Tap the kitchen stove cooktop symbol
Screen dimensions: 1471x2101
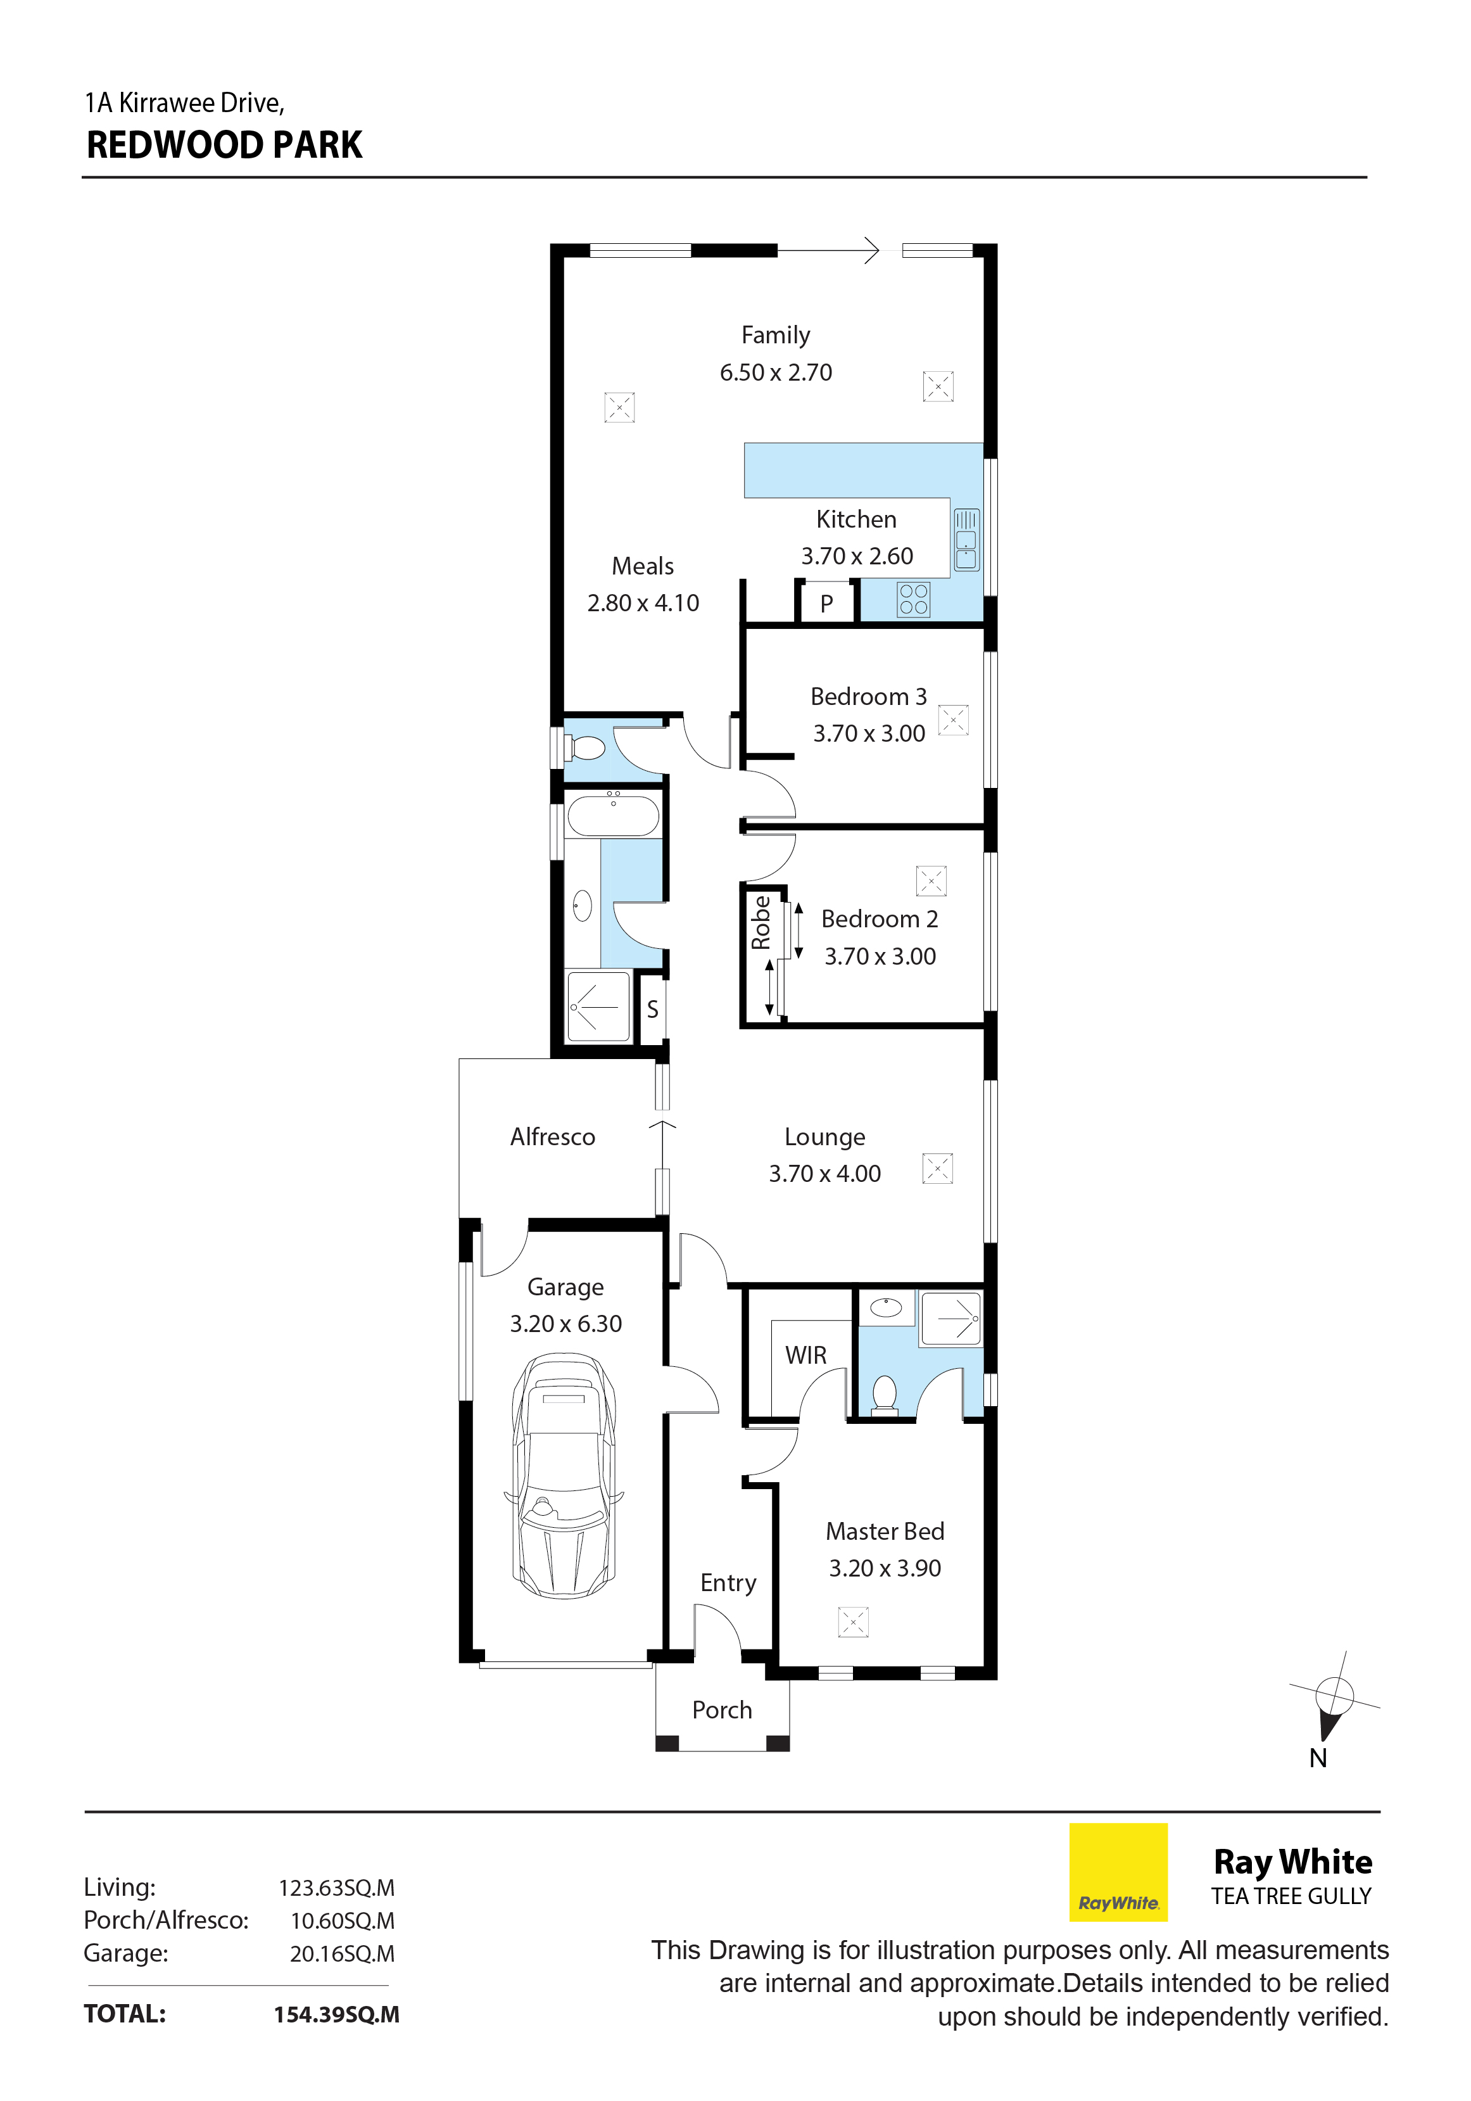click(913, 599)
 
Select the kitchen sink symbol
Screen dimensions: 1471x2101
click(966, 540)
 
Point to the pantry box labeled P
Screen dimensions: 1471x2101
click(826, 603)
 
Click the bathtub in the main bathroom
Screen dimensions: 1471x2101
click(613, 813)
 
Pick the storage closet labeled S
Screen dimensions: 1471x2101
click(652, 1008)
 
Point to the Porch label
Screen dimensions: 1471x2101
click(722, 1710)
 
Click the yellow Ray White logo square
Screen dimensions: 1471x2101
click(1119, 1872)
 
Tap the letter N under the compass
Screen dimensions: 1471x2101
click(1318, 1758)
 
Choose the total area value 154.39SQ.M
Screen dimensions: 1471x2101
click(337, 2014)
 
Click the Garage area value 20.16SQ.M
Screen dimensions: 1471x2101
click(342, 1953)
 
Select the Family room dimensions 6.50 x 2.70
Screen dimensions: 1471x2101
click(776, 372)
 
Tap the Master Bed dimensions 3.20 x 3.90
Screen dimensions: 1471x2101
click(885, 1568)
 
